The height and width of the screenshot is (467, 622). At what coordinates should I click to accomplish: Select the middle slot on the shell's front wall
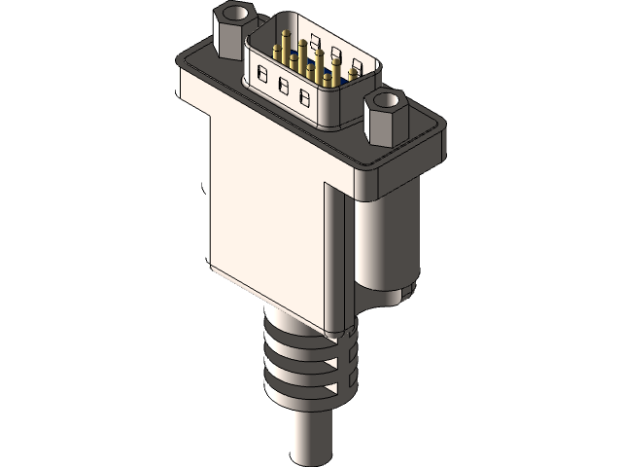pyautogui.click(x=284, y=86)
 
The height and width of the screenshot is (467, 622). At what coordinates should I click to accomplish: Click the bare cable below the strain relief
pyautogui.click(x=310, y=438)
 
